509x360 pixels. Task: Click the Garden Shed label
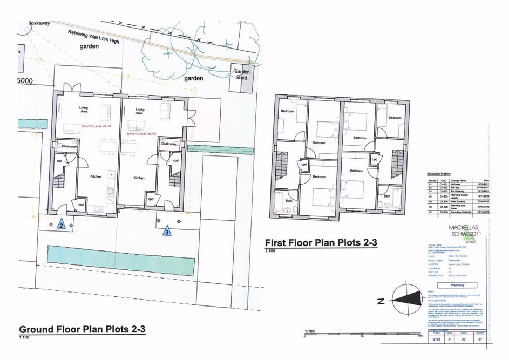coord(240,74)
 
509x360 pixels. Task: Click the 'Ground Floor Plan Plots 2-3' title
coord(82,329)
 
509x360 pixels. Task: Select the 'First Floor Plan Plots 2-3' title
coord(321,243)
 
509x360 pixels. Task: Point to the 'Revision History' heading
coord(439,174)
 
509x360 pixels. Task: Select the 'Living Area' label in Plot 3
coord(139,111)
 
